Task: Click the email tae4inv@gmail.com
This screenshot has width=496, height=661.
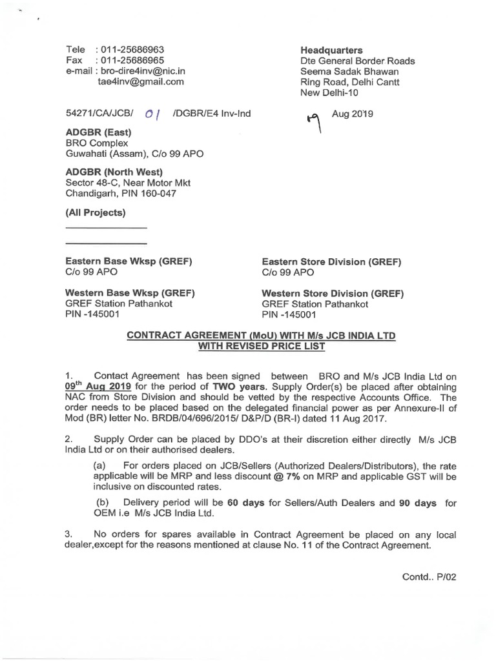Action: click(141, 82)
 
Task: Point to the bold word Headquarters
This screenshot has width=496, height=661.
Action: click(331, 50)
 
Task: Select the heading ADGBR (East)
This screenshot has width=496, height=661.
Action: click(99, 132)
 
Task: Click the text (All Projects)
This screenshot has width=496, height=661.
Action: click(96, 213)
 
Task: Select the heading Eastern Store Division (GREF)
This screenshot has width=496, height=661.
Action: click(331, 261)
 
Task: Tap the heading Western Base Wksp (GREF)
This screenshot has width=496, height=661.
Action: click(130, 293)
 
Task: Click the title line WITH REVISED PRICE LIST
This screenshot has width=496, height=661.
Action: click(261, 347)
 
